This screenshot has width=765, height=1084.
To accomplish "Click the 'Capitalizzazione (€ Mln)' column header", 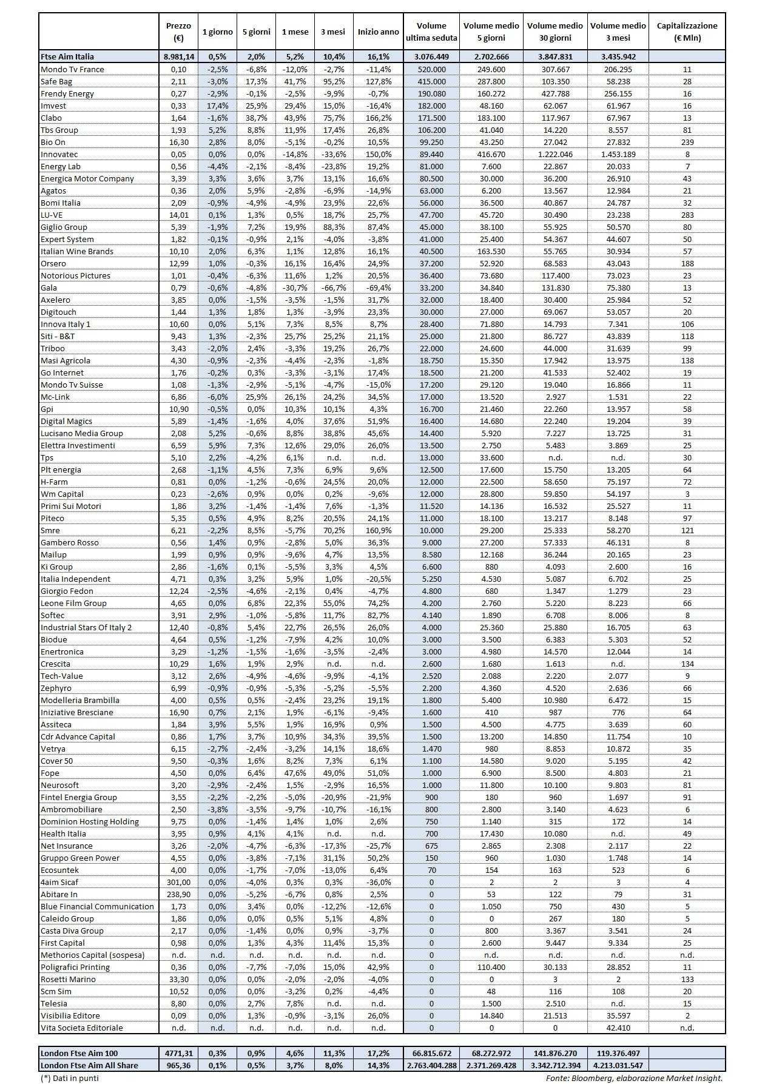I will pyautogui.click(x=687, y=32).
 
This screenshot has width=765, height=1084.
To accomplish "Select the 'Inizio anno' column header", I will pyautogui.click(x=379, y=32).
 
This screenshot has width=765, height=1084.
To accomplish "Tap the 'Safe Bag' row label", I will pyautogui.click(x=56, y=81).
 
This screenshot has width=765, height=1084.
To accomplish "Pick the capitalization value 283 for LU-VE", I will pyautogui.click(x=687, y=215).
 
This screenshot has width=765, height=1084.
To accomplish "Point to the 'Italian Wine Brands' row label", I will pyautogui.click(x=77, y=251).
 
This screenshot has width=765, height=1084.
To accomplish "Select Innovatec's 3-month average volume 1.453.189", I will pyautogui.click(x=618, y=154).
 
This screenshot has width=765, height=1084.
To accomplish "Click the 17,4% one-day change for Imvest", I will pyautogui.click(x=217, y=106).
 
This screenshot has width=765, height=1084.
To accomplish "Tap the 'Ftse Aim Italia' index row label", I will pyautogui.click(x=67, y=56).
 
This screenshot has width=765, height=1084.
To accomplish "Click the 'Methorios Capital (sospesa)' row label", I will pyautogui.click(x=93, y=955).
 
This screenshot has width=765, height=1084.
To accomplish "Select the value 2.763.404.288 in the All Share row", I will pyautogui.click(x=431, y=1065).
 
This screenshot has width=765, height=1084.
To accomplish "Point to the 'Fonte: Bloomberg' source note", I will pyautogui.click(x=634, y=1078).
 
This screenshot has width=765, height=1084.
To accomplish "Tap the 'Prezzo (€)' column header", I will pyautogui.click(x=178, y=32).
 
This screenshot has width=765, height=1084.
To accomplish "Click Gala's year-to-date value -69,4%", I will pyautogui.click(x=379, y=288).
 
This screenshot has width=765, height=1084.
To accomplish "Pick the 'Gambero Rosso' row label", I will pyautogui.click(x=69, y=542).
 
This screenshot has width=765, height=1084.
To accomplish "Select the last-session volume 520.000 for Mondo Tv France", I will pyautogui.click(x=431, y=69).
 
